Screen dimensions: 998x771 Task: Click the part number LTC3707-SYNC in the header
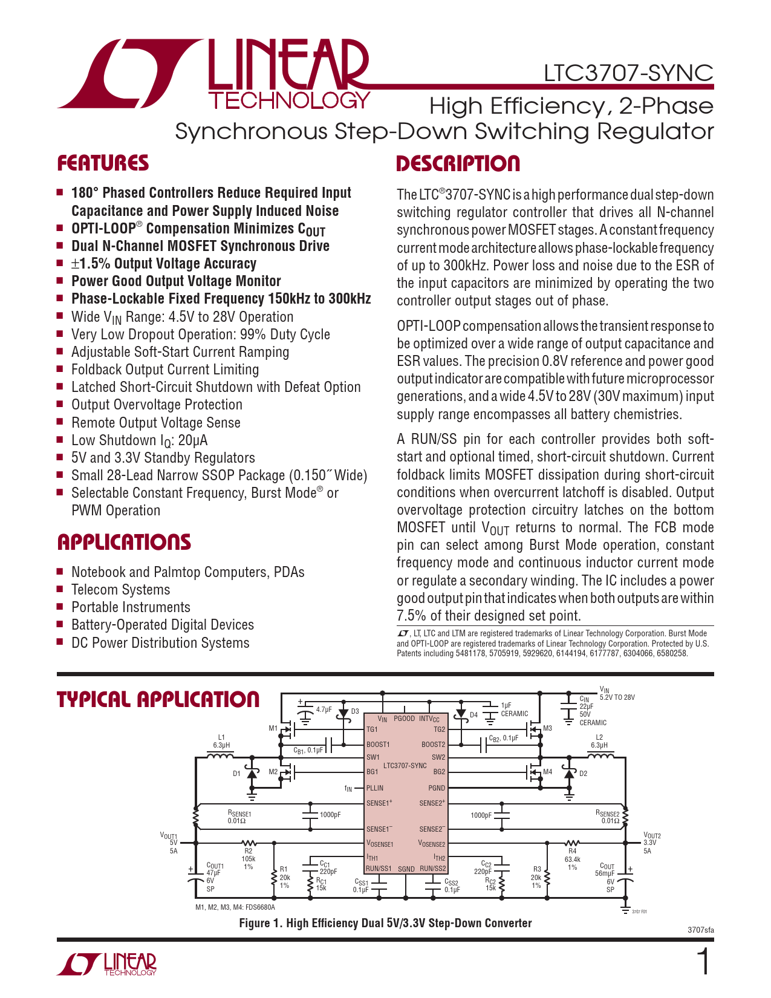628,73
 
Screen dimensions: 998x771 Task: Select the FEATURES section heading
103,163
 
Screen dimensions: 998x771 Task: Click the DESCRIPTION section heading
458,164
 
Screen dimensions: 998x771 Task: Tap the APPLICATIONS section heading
124,542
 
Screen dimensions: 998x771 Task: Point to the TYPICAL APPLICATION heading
158,700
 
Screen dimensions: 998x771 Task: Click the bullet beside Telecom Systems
60,589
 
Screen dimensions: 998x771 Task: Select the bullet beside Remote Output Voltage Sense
60,422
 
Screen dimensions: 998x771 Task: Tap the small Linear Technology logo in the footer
107,964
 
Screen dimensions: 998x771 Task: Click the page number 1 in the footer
703,962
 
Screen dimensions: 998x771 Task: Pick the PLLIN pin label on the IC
375,788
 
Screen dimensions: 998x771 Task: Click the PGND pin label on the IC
437,788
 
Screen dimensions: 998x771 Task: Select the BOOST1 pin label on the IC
378,745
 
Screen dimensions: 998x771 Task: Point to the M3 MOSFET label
547,728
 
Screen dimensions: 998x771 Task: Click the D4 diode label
473,715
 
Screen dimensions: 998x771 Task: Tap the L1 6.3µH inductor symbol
221,756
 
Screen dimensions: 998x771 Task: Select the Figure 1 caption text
385,923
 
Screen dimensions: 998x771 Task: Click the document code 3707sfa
700,930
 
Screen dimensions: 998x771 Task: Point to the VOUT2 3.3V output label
652,843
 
